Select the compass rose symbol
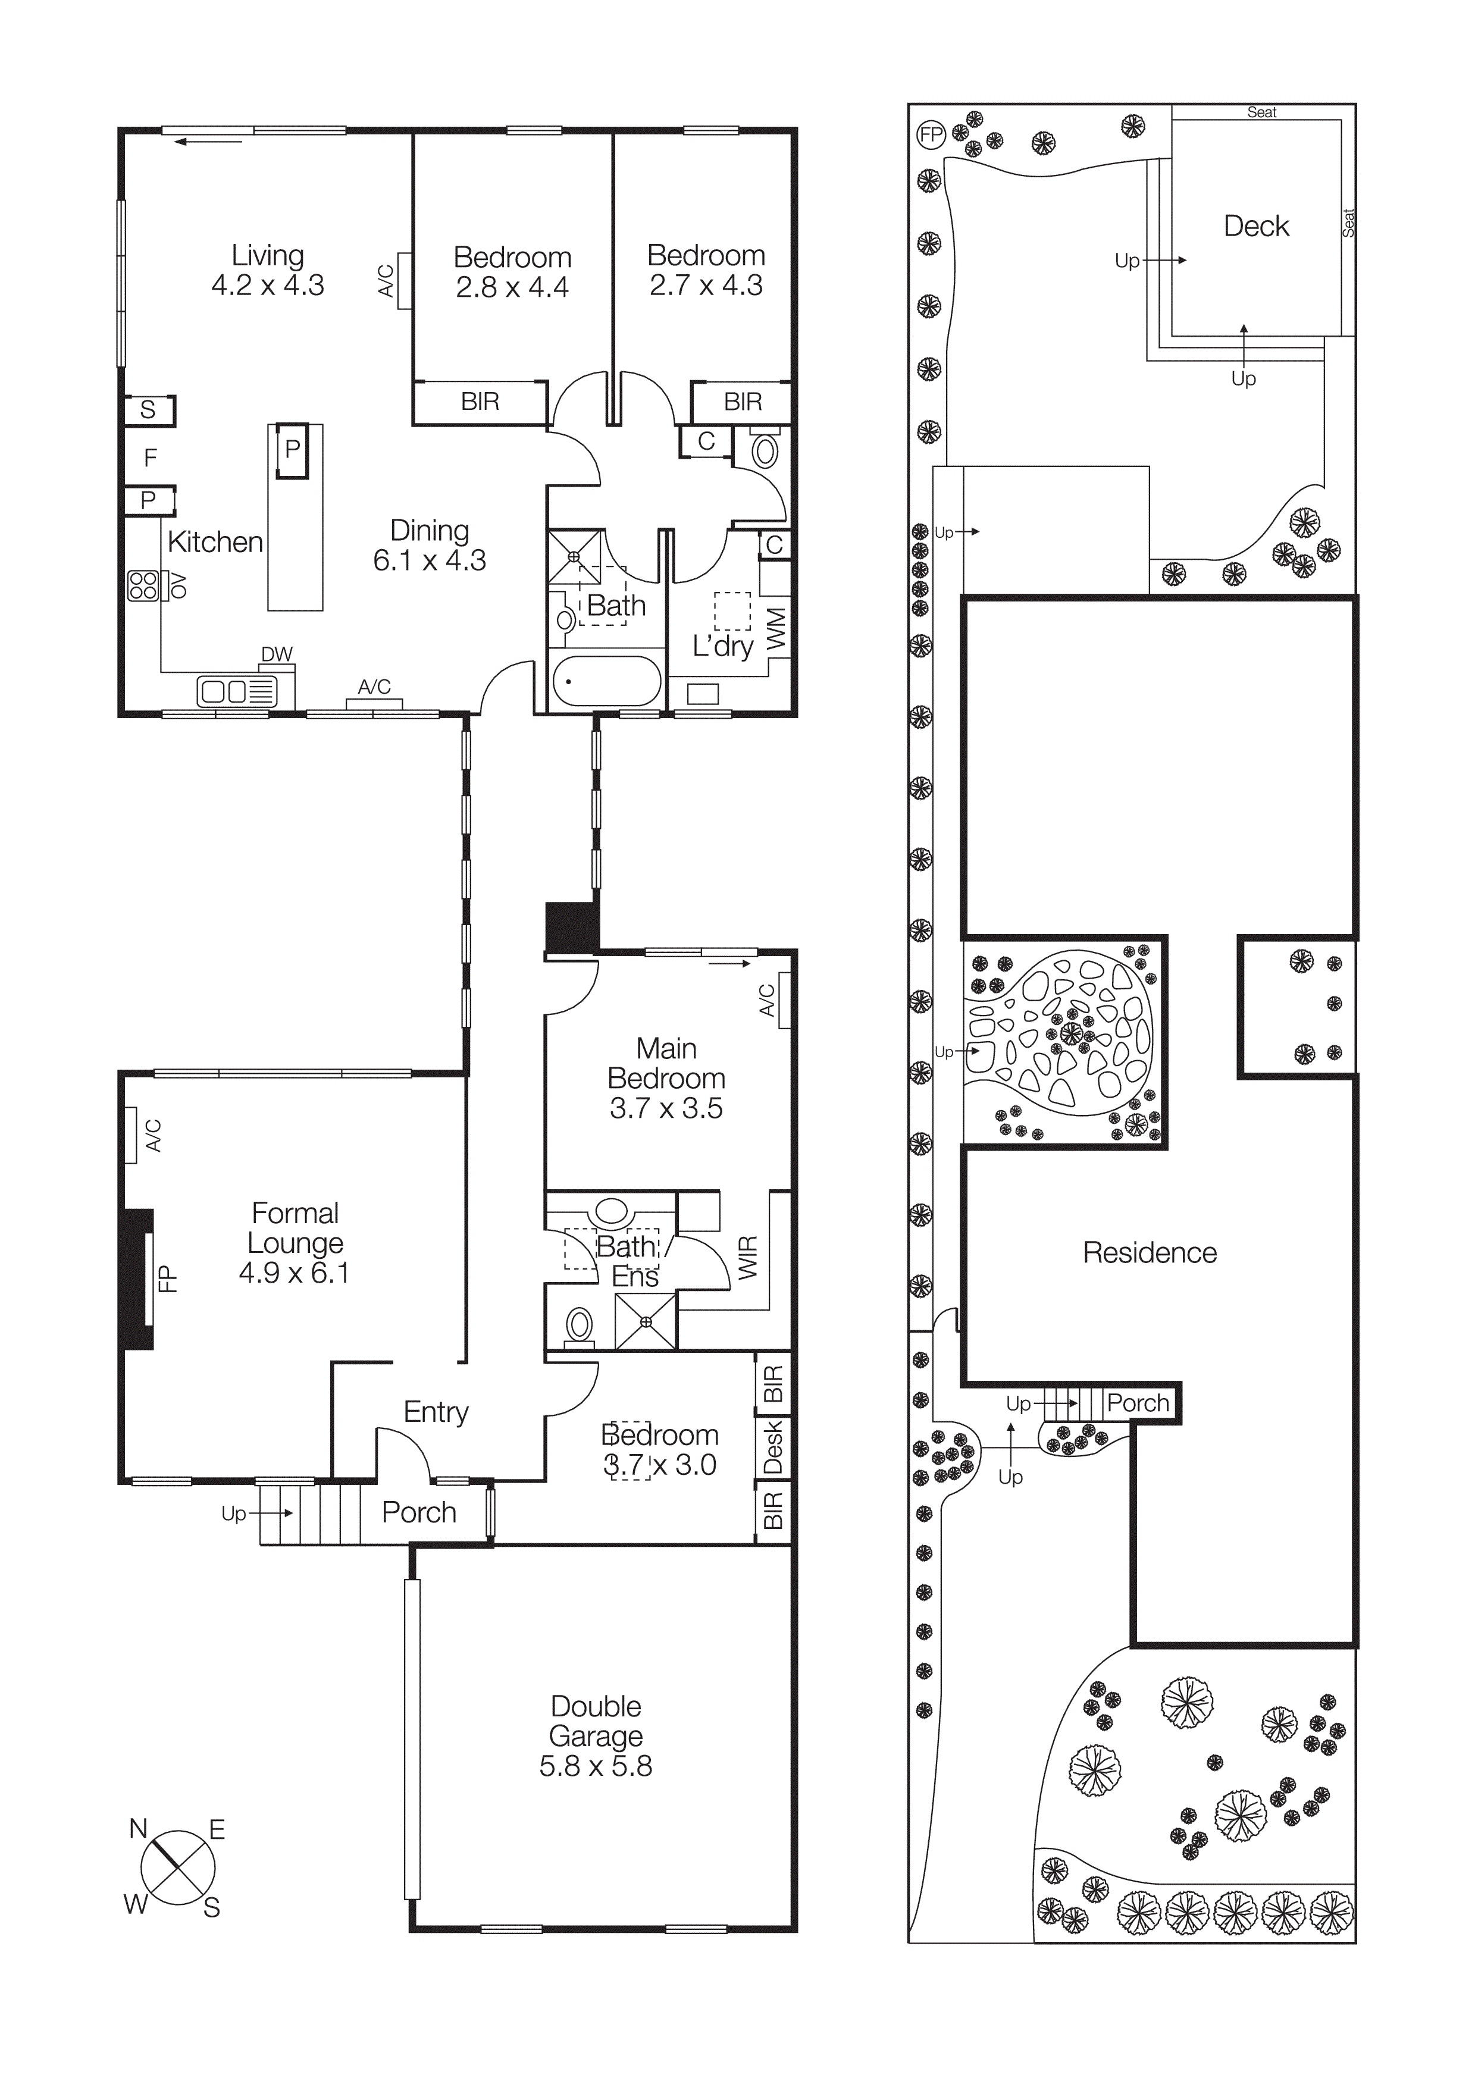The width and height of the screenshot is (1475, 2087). click(x=177, y=1869)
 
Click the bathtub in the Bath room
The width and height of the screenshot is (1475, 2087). click(x=607, y=681)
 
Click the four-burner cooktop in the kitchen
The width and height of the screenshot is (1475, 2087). click(x=143, y=585)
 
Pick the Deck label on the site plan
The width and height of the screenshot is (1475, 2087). click(x=1256, y=226)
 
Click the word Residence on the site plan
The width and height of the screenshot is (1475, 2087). click(x=1149, y=1252)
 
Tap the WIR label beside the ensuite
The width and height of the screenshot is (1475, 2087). click(x=747, y=1258)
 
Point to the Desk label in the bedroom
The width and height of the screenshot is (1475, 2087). click(x=772, y=1448)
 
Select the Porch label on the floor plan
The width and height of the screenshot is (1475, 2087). click(x=418, y=1512)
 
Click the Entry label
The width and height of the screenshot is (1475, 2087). click(x=436, y=1412)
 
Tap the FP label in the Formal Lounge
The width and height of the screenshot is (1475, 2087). click(x=167, y=1279)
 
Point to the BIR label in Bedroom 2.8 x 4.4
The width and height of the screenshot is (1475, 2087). click(x=480, y=402)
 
